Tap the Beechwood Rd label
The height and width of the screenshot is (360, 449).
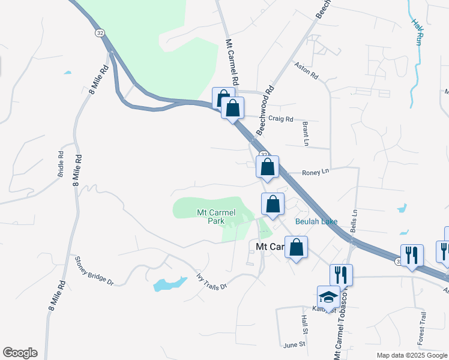pos(265,110)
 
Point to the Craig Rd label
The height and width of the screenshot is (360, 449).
pos(280,119)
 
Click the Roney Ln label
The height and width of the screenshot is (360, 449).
pos(316,172)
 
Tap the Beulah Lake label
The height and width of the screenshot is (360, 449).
pos(316,221)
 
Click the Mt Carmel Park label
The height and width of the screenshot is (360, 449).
pos(216,217)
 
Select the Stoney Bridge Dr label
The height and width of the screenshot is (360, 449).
pos(94,271)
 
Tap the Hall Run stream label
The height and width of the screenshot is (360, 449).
pos(417,31)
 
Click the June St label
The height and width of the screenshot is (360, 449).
pos(294,344)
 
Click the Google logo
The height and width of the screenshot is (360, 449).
pos(20,353)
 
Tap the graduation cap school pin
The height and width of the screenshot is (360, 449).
pos(328,296)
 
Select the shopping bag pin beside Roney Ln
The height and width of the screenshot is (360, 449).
pos(268,167)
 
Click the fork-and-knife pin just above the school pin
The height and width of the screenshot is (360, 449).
pos(341,275)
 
